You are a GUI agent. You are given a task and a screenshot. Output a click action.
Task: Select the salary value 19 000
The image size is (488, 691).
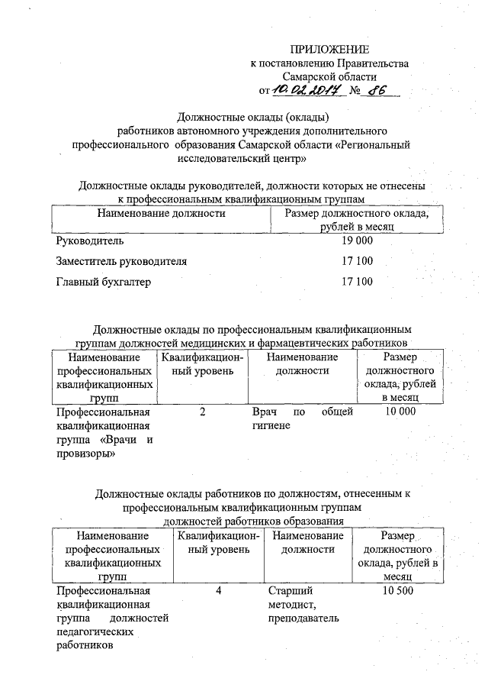click(357, 241)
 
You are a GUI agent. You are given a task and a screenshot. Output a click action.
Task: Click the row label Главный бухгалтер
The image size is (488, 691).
click(104, 282)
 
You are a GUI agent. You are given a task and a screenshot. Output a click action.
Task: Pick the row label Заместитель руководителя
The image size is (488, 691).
click(121, 261)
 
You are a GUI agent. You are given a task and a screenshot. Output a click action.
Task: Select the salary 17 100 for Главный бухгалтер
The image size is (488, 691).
click(357, 282)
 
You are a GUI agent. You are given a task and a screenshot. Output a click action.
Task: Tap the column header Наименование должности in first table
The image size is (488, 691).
click(161, 213)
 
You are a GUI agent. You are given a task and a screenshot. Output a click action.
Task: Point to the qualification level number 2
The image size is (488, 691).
click(202, 412)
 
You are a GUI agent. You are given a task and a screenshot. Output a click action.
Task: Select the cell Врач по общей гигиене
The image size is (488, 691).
click(302, 419)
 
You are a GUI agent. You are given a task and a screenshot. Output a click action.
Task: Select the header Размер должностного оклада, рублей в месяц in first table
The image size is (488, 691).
click(356, 220)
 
